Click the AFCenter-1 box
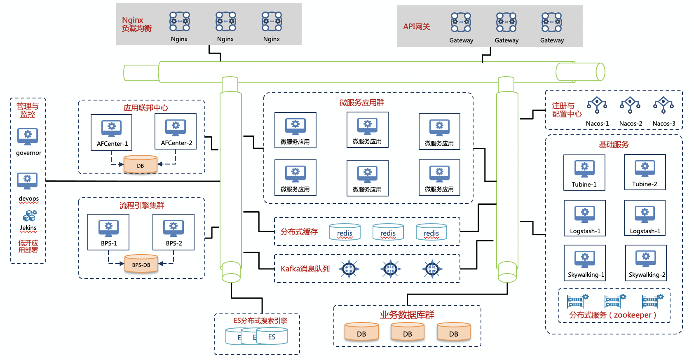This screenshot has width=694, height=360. point(112,132)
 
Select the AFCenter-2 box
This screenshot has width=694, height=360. point(176,131)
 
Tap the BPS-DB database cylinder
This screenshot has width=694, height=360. point(141,264)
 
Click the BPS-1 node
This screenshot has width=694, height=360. point(108,232)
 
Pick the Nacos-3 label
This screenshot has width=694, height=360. point(664,124)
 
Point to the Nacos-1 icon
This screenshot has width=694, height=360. point(597,105)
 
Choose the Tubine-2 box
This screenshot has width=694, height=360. point(645,172)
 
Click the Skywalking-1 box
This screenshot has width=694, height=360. point(585,263)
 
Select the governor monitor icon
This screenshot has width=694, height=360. point(28,136)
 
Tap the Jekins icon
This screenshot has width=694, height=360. point(29,216)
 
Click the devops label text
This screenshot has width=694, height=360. point(28,199)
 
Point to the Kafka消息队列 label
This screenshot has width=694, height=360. point(305,269)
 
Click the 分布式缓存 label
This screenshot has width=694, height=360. point(299,232)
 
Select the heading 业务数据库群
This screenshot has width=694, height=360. point(407,315)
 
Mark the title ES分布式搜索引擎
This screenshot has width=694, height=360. point(260,320)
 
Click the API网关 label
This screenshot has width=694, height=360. point(416,27)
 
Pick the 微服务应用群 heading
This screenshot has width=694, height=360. point(361,103)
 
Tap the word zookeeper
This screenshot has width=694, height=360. point(633,315)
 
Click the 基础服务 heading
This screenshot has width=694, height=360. point(614,145)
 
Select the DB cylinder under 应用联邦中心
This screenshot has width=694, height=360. point(141,165)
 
